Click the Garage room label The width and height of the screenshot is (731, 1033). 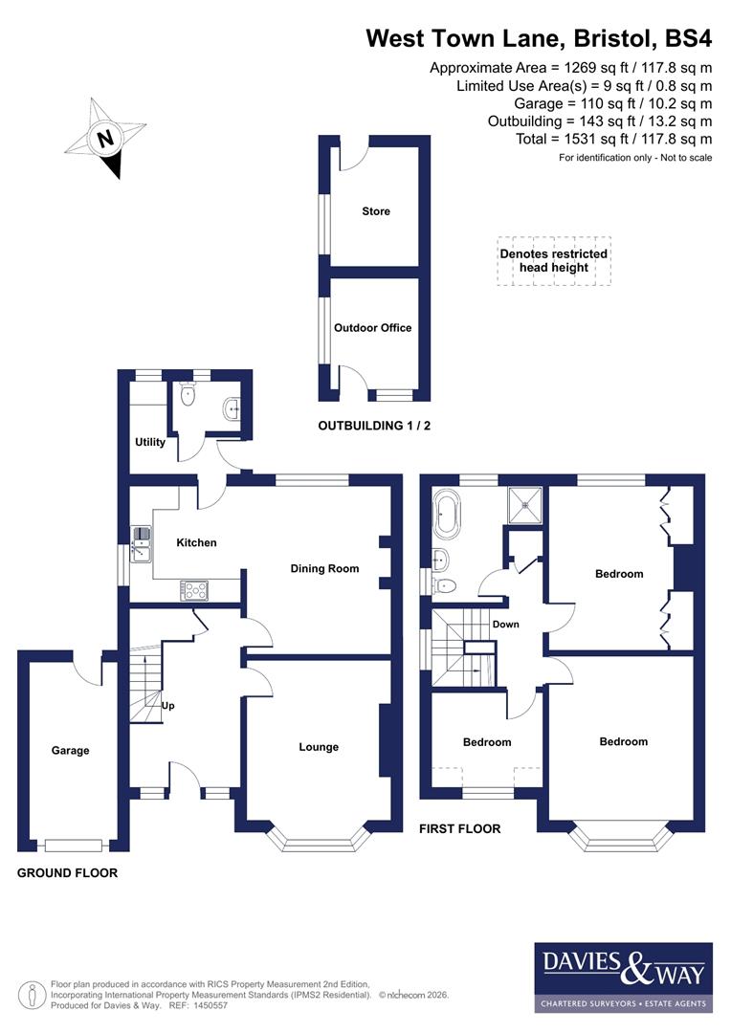(70, 751)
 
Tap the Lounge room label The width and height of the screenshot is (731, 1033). (319, 747)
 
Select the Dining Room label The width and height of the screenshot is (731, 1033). (324, 568)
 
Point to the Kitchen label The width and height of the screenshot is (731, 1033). (196, 542)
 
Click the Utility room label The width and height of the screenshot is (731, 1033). (150, 442)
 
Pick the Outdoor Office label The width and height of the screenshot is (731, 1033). (372, 327)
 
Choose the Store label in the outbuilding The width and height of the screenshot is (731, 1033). (376, 211)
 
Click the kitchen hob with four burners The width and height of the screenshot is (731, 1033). (194, 591)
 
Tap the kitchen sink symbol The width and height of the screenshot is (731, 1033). (141, 542)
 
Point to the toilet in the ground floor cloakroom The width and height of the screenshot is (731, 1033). (188, 392)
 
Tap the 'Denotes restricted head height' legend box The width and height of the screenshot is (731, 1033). (553, 261)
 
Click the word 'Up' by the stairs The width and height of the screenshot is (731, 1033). (167, 707)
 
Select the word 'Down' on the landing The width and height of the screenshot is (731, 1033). (505, 625)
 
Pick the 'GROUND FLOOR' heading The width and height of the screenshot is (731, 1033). (67, 873)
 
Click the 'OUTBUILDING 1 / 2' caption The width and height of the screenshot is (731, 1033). (374, 426)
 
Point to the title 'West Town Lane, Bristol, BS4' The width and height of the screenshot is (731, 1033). (540, 38)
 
